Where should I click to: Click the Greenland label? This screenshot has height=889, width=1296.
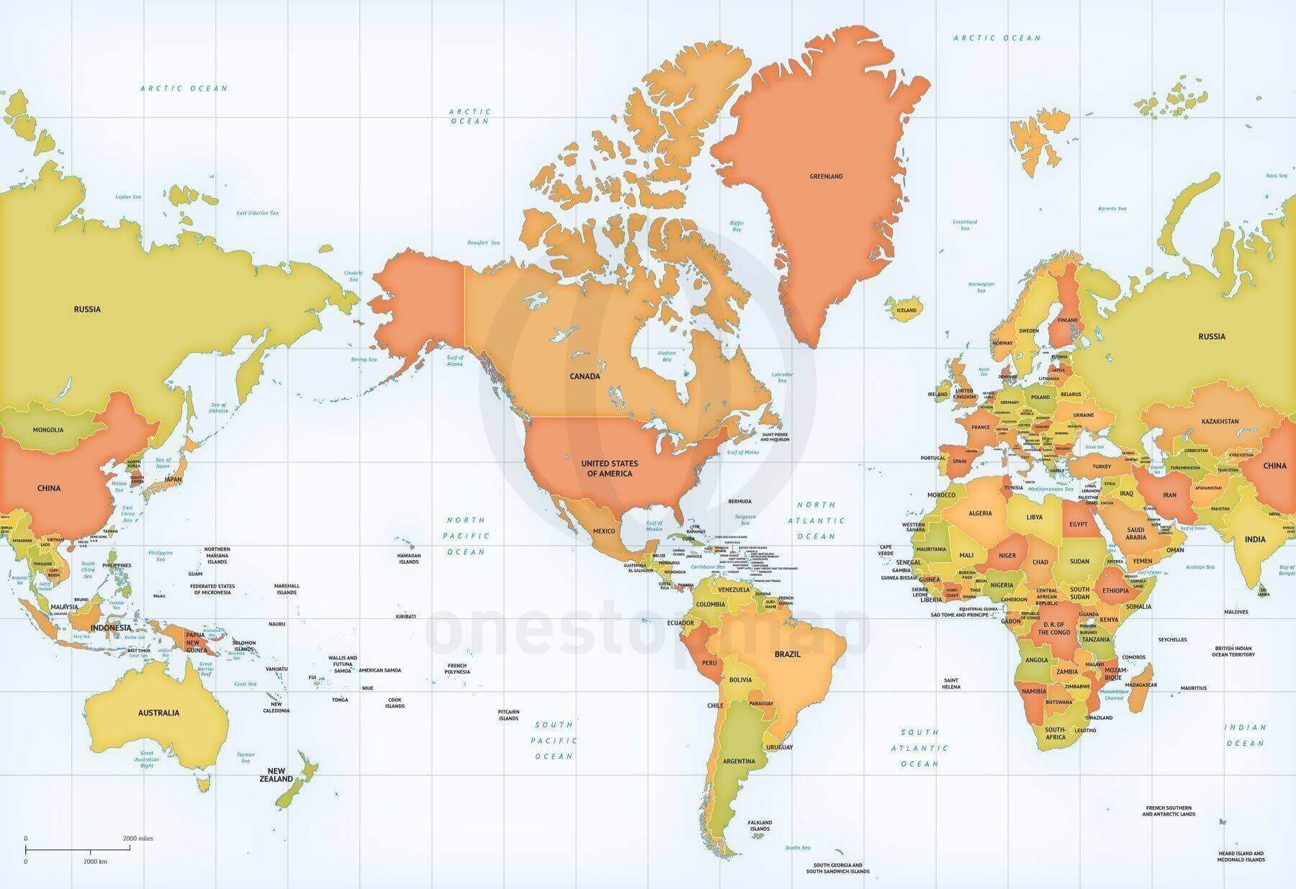click(826, 176)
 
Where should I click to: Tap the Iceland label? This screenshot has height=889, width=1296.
click(906, 310)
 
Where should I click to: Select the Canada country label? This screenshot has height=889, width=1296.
click(585, 376)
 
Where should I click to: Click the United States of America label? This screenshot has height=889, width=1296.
click(609, 468)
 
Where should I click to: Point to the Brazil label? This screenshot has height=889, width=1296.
click(787, 655)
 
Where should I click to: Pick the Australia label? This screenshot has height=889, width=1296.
click(158, 713)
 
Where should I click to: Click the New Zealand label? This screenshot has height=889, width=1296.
click(277, 775)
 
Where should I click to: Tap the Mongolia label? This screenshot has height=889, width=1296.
click(48, 430)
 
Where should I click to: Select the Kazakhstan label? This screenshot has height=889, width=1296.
click(1220, 421)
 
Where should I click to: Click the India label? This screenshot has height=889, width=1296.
click(1255, 539)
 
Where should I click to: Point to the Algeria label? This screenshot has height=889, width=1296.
click(980, 513)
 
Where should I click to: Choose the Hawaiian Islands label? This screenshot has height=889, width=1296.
click(408, 559)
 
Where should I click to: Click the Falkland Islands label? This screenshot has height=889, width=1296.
click(759, 825)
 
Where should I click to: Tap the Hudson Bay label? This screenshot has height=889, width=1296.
click(667, 356)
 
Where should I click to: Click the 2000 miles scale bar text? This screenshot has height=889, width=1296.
click(138, 838)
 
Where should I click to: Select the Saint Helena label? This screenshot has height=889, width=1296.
click(950, 683)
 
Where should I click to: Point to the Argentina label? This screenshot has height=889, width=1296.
click(739, 761)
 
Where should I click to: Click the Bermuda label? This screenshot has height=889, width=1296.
click(739, 501)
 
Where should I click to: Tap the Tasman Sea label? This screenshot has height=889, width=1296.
click(246, 757)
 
